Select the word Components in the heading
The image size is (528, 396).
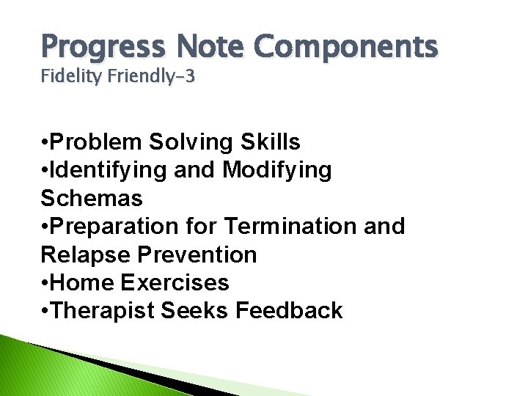point(347,47)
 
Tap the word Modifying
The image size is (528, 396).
point(276,170)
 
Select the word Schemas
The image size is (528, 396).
point(92,198)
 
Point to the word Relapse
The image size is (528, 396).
point(81,254)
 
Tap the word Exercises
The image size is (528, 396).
point(175,282)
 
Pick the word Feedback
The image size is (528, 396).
point(289,310)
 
